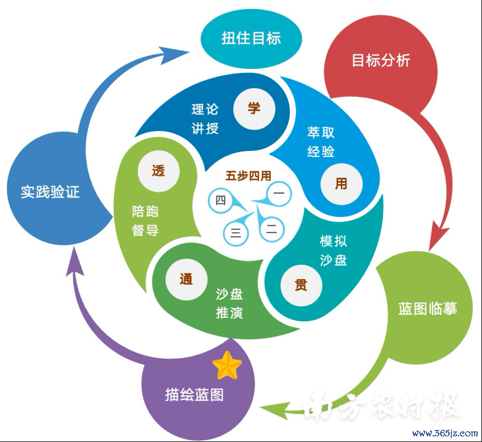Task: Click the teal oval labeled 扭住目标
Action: [x=251, y=39]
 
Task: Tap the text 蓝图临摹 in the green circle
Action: [x=427, y=309]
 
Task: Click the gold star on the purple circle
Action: [x=227, y=366]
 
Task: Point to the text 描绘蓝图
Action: [x=194, y=395]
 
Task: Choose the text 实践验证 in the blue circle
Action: [x=51, y=191]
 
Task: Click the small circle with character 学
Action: [x=254, y=109]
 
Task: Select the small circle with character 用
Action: [x=341, y=184]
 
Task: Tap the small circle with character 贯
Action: [x=301, y=285]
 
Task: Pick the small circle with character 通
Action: [x=186, y=279]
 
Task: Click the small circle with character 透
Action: [x=159, y=171]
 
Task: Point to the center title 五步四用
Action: [x=248, y=176]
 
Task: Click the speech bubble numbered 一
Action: [x=274, y=195]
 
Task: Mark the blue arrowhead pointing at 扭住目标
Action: [x=174, y=55]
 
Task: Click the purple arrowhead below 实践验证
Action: [x=75, y=261]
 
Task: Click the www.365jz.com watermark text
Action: [x=445, y=433]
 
